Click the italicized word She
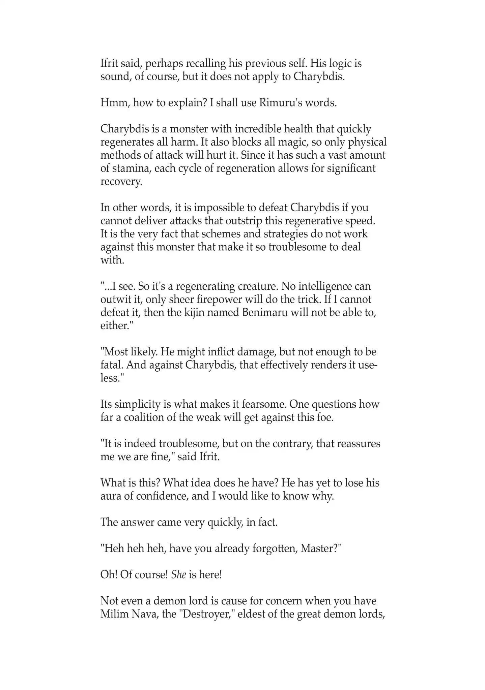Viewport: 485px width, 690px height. pos(179,575)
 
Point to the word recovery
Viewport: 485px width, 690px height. pos(121,182)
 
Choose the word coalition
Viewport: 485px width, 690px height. pos(148,418)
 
